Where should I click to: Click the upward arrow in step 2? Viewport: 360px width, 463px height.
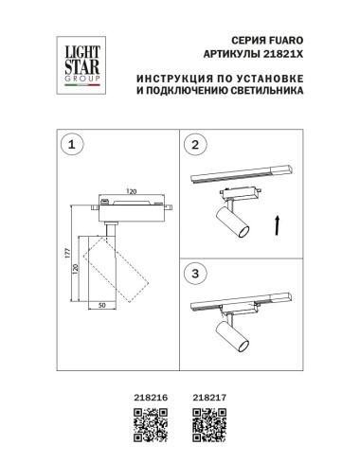click(x=276, y=226)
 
